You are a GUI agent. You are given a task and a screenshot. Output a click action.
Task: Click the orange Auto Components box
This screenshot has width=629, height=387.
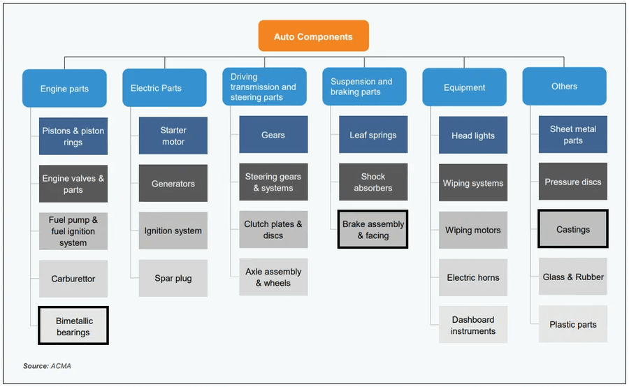(x=313, y=36)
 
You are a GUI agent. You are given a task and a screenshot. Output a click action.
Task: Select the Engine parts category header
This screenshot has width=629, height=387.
(x=64, y=89)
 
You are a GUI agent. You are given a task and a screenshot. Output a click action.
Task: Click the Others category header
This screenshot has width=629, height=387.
(x=564, y=87)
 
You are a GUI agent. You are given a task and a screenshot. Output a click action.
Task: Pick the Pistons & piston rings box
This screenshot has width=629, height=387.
(x=73, y=136)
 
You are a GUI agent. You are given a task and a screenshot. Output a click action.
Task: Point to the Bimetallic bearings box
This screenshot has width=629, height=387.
(x=73, y=326)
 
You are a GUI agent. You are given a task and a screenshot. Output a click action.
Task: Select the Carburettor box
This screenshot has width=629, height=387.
(x=73, y=279)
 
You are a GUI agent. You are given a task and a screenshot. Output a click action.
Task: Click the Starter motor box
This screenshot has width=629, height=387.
(x=173, y=136)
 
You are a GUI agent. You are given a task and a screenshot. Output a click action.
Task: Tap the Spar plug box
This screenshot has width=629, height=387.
(x=173, y=278)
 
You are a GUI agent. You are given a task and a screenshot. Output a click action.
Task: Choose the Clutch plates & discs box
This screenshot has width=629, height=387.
(x=273, y=230)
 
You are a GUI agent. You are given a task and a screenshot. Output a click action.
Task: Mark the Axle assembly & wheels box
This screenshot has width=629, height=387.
(x=273, y=277)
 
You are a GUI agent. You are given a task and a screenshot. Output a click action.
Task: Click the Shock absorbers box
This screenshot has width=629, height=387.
(x=373, y=182)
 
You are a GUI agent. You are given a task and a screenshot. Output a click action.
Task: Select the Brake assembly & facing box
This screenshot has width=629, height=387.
(x=373, y=230)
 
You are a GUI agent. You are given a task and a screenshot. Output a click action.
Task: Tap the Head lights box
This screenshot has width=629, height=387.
(x=473, y=136)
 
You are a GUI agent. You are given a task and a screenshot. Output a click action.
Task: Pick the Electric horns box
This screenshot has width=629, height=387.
(x=473, y=277)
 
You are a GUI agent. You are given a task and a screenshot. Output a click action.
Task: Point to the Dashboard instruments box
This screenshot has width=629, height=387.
(x=473, y=325)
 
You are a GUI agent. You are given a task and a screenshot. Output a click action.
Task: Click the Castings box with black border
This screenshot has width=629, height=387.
(x=573, y=229)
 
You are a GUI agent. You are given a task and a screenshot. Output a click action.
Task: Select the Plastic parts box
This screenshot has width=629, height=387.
(x=573, y=324)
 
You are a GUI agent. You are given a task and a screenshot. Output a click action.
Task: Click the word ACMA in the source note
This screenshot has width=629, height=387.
(x=60, y=366)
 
